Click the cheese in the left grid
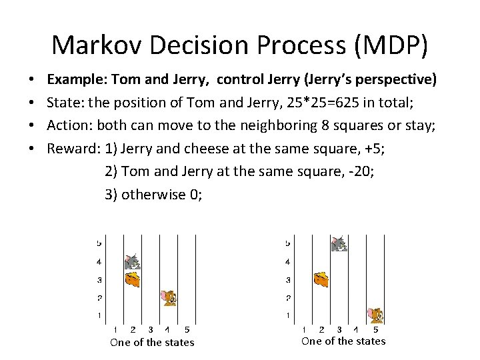[x=133, y=279]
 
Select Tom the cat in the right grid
[x=339, y=244]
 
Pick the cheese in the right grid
[x=321, y=279]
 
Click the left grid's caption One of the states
[x=152, y=342]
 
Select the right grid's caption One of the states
[x=343, y=341]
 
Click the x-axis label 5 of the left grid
[x=187, y=329]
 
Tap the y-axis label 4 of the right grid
[x=287, y=262]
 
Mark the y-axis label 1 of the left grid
[x=99, y=315]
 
